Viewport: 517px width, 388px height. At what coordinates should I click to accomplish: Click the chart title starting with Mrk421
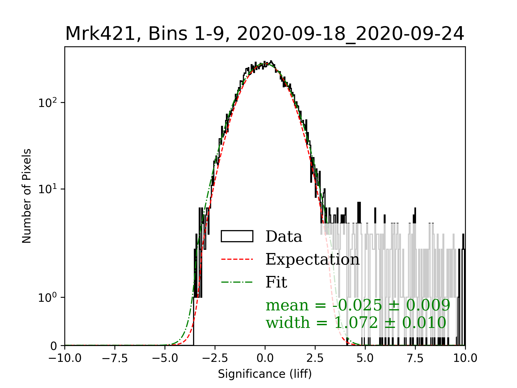coord(265,34)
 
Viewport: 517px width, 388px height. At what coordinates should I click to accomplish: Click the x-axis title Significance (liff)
coord(265,374)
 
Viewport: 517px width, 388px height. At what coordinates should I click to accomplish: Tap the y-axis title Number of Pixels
coord(27,196)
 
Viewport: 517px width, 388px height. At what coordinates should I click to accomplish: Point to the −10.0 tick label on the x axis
coord(65,358)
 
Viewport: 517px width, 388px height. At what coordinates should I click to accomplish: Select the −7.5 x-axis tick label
coord(115,358)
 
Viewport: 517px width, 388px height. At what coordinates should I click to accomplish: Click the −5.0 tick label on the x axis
coord(165,358)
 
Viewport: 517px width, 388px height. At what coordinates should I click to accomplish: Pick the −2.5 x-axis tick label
coord(215,358)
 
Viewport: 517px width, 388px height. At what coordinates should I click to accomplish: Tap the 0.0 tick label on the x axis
coord(265,358)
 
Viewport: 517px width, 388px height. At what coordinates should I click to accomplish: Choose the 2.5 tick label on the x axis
coord(315,358)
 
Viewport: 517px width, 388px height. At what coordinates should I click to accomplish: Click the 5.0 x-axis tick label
coord(365,358)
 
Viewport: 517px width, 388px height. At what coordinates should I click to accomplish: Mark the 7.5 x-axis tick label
coord(415,358)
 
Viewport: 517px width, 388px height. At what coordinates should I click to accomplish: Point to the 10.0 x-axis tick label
coord(465,358)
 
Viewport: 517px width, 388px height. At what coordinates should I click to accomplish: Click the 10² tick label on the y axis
coord(48,103)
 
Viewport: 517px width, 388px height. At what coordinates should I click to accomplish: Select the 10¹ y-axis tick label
coord(48,189)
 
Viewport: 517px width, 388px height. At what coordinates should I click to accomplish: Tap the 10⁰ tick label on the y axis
coord(48,297)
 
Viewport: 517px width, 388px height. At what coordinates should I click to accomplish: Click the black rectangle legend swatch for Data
coord(237,236)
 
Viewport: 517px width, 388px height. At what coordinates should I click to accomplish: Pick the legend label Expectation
coord(312,259)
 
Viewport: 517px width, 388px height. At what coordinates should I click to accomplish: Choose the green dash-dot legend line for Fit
coord(237,282)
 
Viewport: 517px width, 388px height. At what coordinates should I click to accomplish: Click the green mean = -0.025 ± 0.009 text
coord(358,305)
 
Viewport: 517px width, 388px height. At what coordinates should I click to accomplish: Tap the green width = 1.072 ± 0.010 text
coord(356,323)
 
